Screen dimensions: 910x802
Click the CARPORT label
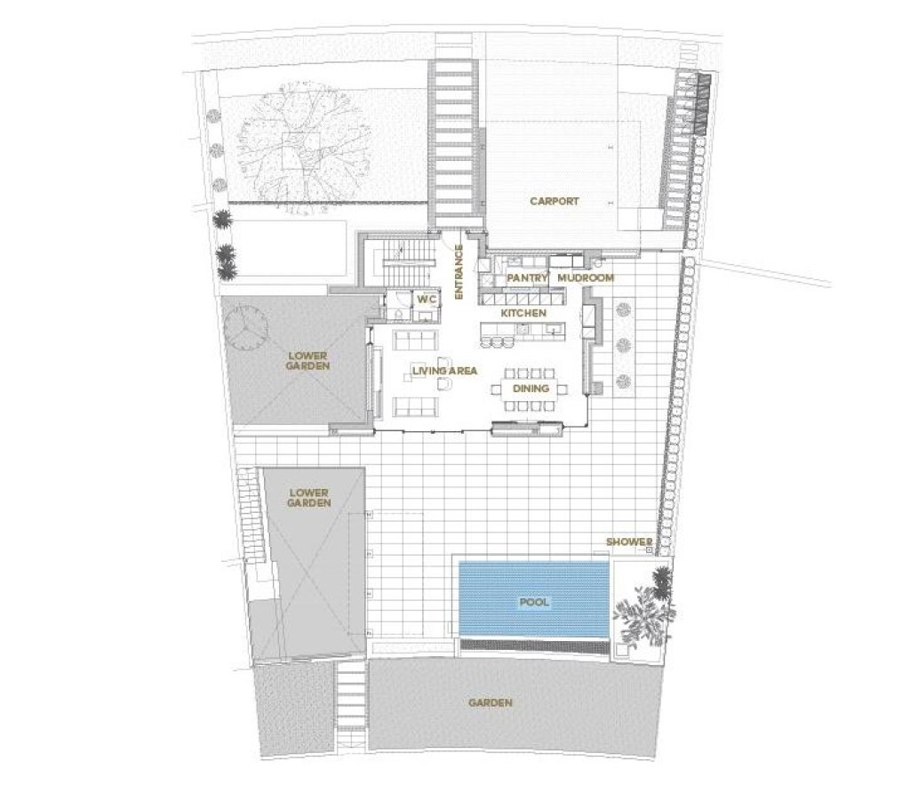(555, 202)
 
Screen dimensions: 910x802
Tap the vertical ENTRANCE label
(459, 272)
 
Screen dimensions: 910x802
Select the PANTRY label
(528, 278)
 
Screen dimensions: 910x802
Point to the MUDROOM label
(585, 278)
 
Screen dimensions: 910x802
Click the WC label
(427, 299)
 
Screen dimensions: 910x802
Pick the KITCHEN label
(523, 313)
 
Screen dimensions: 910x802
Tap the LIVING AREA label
(444, 371)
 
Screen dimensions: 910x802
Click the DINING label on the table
(531, 388)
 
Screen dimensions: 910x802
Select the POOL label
(534, 602)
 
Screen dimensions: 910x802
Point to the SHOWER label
(629, 541)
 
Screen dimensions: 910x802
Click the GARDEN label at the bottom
(491, 702)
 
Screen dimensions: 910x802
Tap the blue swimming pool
(534, 598)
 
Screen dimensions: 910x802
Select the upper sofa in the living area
(415, 340)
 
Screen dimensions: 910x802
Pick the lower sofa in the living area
(415, 406)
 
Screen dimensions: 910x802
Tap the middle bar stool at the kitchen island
(497, 342)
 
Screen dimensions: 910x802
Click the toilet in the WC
(398, 314)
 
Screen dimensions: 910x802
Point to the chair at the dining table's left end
(496, 388)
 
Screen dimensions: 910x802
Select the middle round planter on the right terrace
(623, 345)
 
